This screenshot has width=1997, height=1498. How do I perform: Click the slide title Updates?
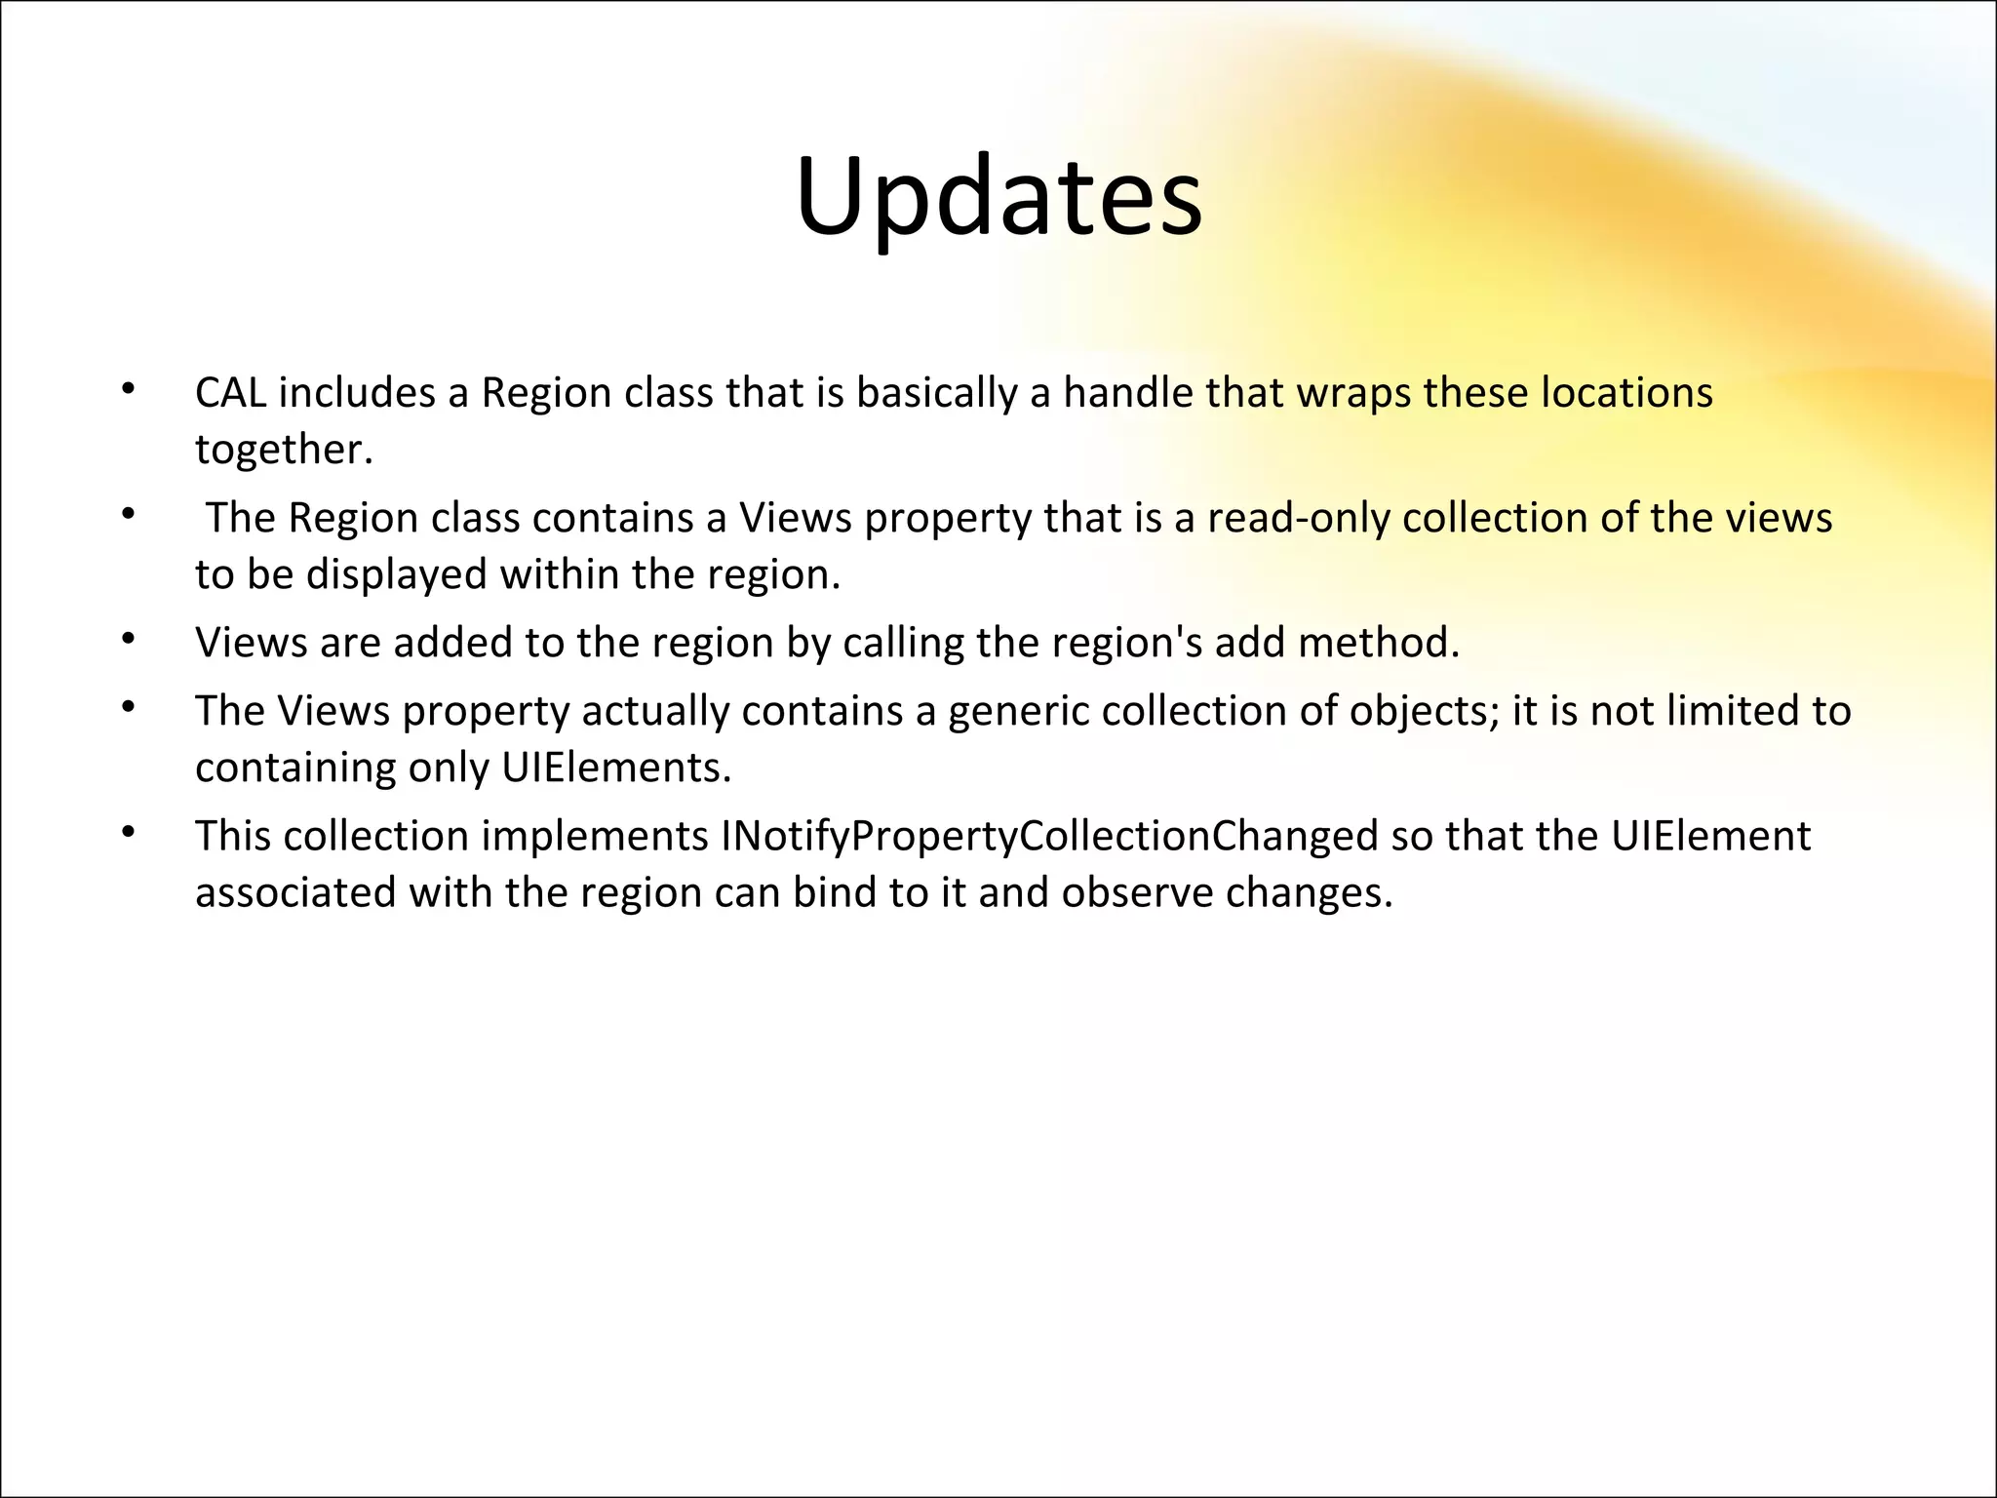(998, 198)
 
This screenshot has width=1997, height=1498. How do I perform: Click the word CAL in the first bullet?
(230, 393)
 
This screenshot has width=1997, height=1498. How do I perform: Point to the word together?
(284, 451)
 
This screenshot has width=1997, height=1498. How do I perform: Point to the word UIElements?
(615, 769)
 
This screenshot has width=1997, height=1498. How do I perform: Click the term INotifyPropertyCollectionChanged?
(1049, 837)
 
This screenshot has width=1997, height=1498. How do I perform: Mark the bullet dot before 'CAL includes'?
(127, 388)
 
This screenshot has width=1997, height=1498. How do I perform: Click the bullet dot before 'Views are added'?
(127, 639)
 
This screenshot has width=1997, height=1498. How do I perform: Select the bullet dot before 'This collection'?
(127, 832)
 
